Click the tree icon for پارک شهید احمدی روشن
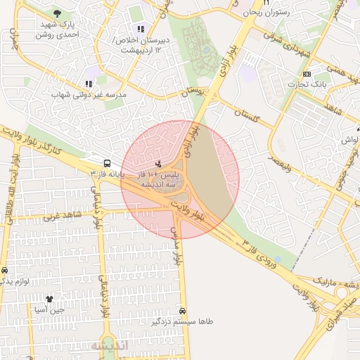56,15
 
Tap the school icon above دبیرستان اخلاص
141,29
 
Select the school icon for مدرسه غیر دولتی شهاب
89,82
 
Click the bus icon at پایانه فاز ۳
106,161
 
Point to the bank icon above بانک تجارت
306,74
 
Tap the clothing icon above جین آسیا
49,299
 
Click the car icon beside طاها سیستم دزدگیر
183,310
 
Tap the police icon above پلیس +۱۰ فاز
157,163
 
